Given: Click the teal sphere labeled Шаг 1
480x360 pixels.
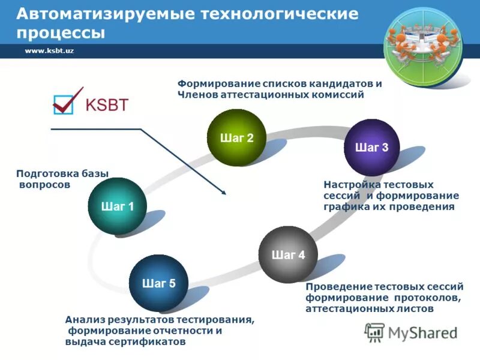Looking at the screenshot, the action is [117, 206].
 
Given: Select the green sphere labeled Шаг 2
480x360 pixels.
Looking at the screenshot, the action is [236, 138].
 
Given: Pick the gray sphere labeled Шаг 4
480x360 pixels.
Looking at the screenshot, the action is [288, 254].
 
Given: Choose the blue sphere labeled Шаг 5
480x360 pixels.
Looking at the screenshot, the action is [158, 283].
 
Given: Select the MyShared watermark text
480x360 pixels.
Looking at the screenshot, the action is [422, 332].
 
